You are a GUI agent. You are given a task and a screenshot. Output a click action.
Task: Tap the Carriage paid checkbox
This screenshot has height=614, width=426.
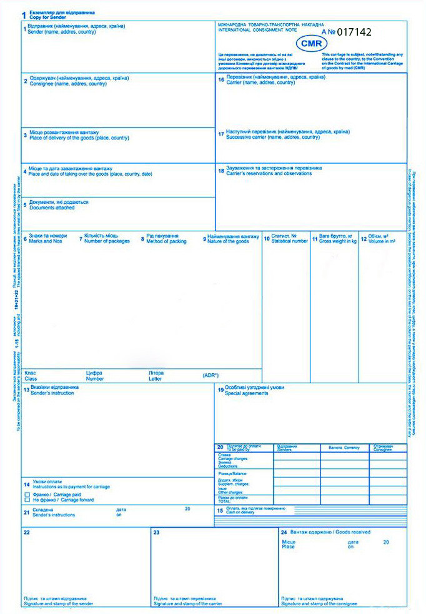point(27,494)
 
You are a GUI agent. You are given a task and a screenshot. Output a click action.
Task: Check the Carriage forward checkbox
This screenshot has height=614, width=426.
point(27,500)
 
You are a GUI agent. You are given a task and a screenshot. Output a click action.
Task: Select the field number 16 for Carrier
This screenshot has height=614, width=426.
point(221,80)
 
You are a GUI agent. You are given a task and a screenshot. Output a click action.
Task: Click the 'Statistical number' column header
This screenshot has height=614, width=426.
point(289,241)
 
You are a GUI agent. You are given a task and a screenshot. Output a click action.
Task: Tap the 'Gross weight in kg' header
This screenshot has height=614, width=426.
point(337,241)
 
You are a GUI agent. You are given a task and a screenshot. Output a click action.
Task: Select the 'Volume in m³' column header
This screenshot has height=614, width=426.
point(382,241)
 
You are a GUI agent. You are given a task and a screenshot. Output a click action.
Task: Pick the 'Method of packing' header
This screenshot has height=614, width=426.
point(166,241)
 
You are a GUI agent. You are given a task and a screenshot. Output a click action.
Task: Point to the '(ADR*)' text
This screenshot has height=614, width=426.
point(211,375)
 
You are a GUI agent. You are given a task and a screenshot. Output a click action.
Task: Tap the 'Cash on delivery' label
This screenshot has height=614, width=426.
point(240,512)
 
